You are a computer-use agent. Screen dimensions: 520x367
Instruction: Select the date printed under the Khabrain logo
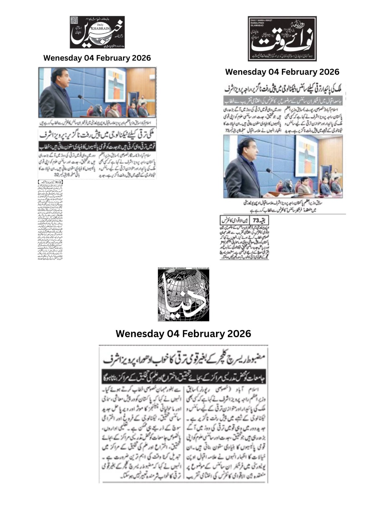(x=97, y=58)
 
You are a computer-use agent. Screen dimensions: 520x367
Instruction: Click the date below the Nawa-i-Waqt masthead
(x=282, y=72)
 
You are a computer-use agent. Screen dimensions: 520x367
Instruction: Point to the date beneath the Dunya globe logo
(x=183, y=334)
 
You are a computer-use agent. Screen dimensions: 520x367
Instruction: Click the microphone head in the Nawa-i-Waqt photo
(x=268, y=170)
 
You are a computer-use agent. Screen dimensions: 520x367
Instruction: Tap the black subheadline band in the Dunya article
(x=183, y=375)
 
